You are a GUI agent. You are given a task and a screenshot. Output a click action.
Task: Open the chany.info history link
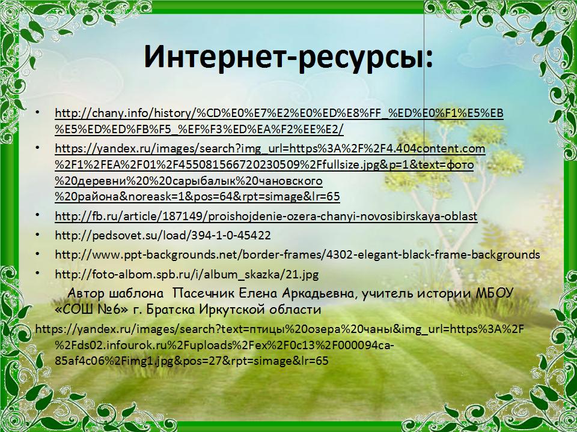tap(279, 121)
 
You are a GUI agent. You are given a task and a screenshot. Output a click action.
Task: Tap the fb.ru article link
tap(266, 216)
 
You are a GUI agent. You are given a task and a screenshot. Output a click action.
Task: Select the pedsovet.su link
tap(163, 235)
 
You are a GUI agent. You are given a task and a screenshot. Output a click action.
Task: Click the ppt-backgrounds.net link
tap(298, 254)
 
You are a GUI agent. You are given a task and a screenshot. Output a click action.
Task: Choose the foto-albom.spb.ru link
tap(186, 274)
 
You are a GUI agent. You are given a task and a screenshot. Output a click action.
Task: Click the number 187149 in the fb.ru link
tap(188, 216)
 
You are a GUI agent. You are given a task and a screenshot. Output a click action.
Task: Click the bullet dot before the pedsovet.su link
tap(37, 235)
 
